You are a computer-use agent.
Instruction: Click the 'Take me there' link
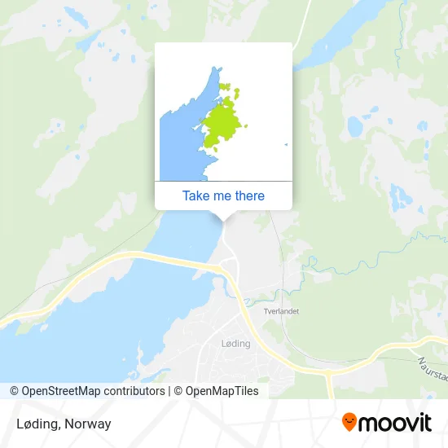pos(223,195)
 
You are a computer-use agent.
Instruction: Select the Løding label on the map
pos(235,344)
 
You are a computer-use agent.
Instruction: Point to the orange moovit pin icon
pos(349,422)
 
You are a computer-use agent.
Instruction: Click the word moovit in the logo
pos(396,423)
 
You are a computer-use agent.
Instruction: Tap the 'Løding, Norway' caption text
pos(64,424)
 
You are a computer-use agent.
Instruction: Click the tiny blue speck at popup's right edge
pos(286,145)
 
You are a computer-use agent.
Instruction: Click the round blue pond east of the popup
pos(354,126)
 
